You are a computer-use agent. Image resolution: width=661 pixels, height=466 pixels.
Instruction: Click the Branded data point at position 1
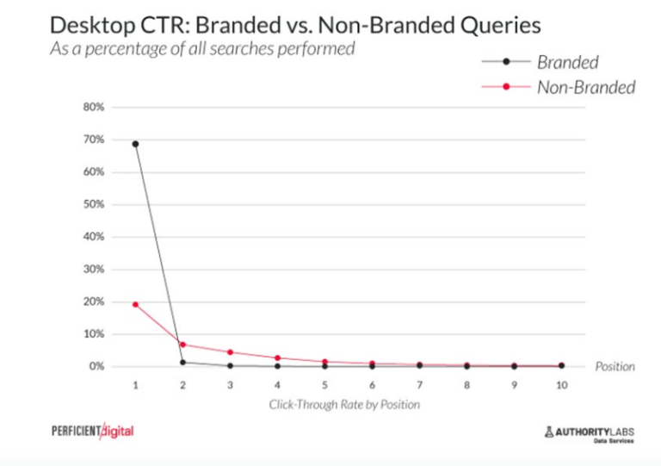point(135,144)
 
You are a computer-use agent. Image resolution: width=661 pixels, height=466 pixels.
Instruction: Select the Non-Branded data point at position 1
point(135,304)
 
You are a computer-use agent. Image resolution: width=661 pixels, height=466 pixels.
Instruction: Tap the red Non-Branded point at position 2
point(182,345)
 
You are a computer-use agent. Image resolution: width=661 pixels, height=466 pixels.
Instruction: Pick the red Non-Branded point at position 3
point(230,352)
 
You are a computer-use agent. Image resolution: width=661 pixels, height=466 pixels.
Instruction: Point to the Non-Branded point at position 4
point(277,357)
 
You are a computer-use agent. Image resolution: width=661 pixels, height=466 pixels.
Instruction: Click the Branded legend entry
point(567,61)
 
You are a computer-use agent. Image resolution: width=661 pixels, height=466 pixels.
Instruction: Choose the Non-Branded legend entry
point(585,86)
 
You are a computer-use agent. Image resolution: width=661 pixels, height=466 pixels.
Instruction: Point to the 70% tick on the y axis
point(93,140)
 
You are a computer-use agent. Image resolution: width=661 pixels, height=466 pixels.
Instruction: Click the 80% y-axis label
point(93,107)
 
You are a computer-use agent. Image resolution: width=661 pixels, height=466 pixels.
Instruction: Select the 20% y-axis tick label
point(93,301)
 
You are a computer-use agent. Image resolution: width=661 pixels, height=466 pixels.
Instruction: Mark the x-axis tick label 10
point(561,387)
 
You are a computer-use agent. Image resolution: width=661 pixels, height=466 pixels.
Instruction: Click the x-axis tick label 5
point(324,387)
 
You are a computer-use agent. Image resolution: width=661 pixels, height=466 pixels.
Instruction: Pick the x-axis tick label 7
point(419,387)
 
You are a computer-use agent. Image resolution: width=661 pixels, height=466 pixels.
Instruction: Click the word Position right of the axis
point(615,366)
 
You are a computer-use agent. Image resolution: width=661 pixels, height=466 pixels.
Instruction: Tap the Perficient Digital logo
point(93,430)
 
